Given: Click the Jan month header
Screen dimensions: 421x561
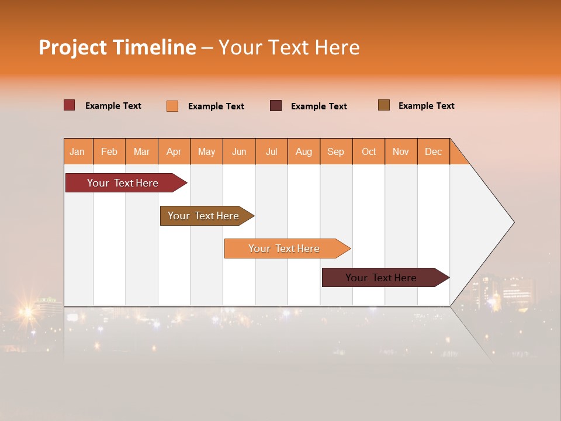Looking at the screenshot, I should pyautogui.click(x=77, y=151).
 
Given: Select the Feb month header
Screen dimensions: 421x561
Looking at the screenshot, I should pyautogui.click(x=109, y=151).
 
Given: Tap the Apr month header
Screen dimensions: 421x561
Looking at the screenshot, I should pyautogui.click(x=174, y=151).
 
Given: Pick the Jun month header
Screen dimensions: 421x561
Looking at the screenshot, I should pyautogui.click(x=239, y=151).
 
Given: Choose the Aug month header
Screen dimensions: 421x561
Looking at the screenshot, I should pyautogui.click(x=303, y=151).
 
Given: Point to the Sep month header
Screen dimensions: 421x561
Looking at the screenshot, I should pyautogui.click(x=335, y=151).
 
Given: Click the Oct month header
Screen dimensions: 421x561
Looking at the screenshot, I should pyautogui.click(x=369, y=151).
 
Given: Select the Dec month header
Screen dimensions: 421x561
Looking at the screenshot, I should pyautogui.click(x=433, y=151).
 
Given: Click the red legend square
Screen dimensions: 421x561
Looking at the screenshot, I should pyautogui.click(x=70, y=105).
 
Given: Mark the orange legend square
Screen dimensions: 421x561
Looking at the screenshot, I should pyautogui.click(x=172, y=106).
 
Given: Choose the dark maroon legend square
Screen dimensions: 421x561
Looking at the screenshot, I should pyautogui.click(x=276, y=106).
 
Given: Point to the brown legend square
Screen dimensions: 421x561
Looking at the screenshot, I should pyautogui.click(x=383, y=105).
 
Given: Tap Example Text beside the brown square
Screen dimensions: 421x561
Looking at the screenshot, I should pyautogui.click(x=426, y=106).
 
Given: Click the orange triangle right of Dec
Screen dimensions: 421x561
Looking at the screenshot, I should pyautogui.click(x=457, y=156).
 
